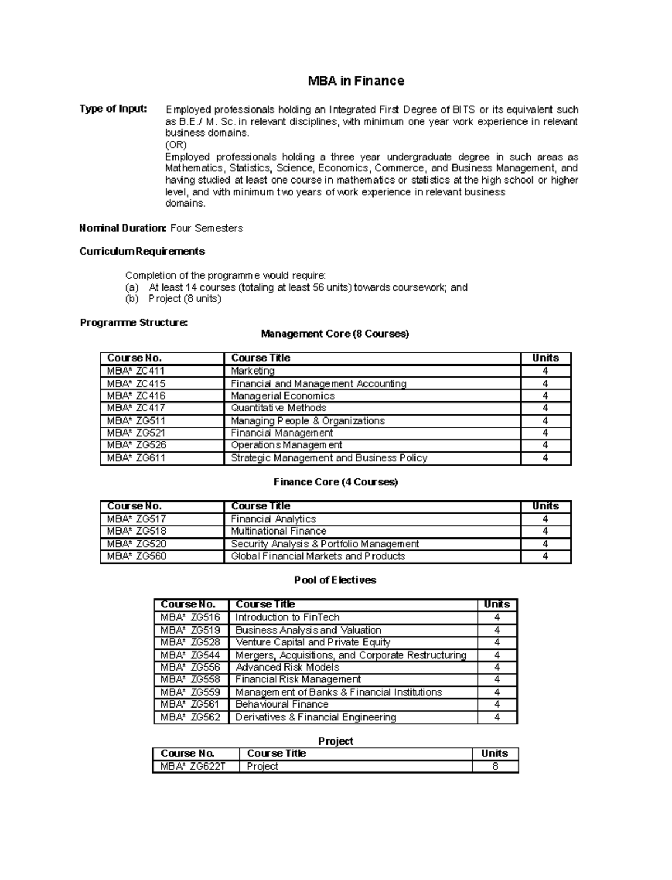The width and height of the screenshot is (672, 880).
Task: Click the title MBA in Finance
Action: [x=356, y=81]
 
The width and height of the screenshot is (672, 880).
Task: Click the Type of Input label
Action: [x=113, y=109]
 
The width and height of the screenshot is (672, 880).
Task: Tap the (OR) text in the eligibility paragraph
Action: [x=175, y=144]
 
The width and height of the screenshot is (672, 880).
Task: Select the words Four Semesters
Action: [x=206, y=228]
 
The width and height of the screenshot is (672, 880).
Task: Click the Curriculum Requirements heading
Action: [x=142, y=251]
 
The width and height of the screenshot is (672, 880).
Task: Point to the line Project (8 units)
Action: [x=184, y=299]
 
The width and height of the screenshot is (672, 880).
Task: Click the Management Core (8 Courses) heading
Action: [x=335, y=334]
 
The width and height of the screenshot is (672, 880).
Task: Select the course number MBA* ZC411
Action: [x=136, y=371]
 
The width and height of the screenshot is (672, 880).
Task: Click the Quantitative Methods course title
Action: [x=278, y=408]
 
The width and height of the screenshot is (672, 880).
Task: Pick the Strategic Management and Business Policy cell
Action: [x=329, y=458]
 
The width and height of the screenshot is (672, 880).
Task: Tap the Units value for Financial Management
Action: [x=545, y=433]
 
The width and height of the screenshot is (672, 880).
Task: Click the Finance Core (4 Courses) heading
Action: [x=335, y=482]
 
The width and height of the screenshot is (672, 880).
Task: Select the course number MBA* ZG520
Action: [x=136, y=544]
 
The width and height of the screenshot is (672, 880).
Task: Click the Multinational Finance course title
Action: [x=278, y=531]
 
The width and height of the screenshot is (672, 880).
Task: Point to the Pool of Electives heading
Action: [x=335, y=580]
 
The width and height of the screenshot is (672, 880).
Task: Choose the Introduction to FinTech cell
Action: [x=287, y=617]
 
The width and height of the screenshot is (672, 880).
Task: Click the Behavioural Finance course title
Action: [x=282, y=704]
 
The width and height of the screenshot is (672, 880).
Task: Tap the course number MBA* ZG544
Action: [x=190, y=655]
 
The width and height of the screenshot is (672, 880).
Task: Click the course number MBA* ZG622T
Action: [x=193, y=766]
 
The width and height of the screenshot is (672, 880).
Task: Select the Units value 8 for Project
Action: [x=494, y=766]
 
